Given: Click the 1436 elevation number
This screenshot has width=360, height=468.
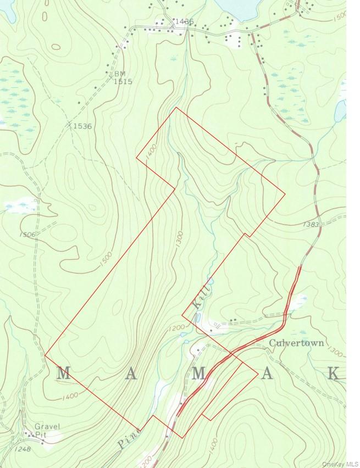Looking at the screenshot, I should [182, 22].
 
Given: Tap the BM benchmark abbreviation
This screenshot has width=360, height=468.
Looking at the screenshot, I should [120, 74].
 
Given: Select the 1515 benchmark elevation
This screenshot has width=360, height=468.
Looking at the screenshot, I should [123, 81].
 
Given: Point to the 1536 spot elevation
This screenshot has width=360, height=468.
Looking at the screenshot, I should [82, 126].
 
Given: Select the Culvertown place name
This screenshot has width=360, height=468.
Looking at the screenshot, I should [297, 343].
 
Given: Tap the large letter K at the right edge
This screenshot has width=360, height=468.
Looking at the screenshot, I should [334, 374].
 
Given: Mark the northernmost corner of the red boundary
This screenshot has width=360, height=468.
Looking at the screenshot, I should [176, 107].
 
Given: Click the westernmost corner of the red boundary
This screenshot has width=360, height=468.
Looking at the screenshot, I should [45, 355].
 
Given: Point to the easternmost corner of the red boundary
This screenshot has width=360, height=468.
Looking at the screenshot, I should [285, 193].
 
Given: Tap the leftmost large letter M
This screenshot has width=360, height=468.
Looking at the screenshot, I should [63, 374].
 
